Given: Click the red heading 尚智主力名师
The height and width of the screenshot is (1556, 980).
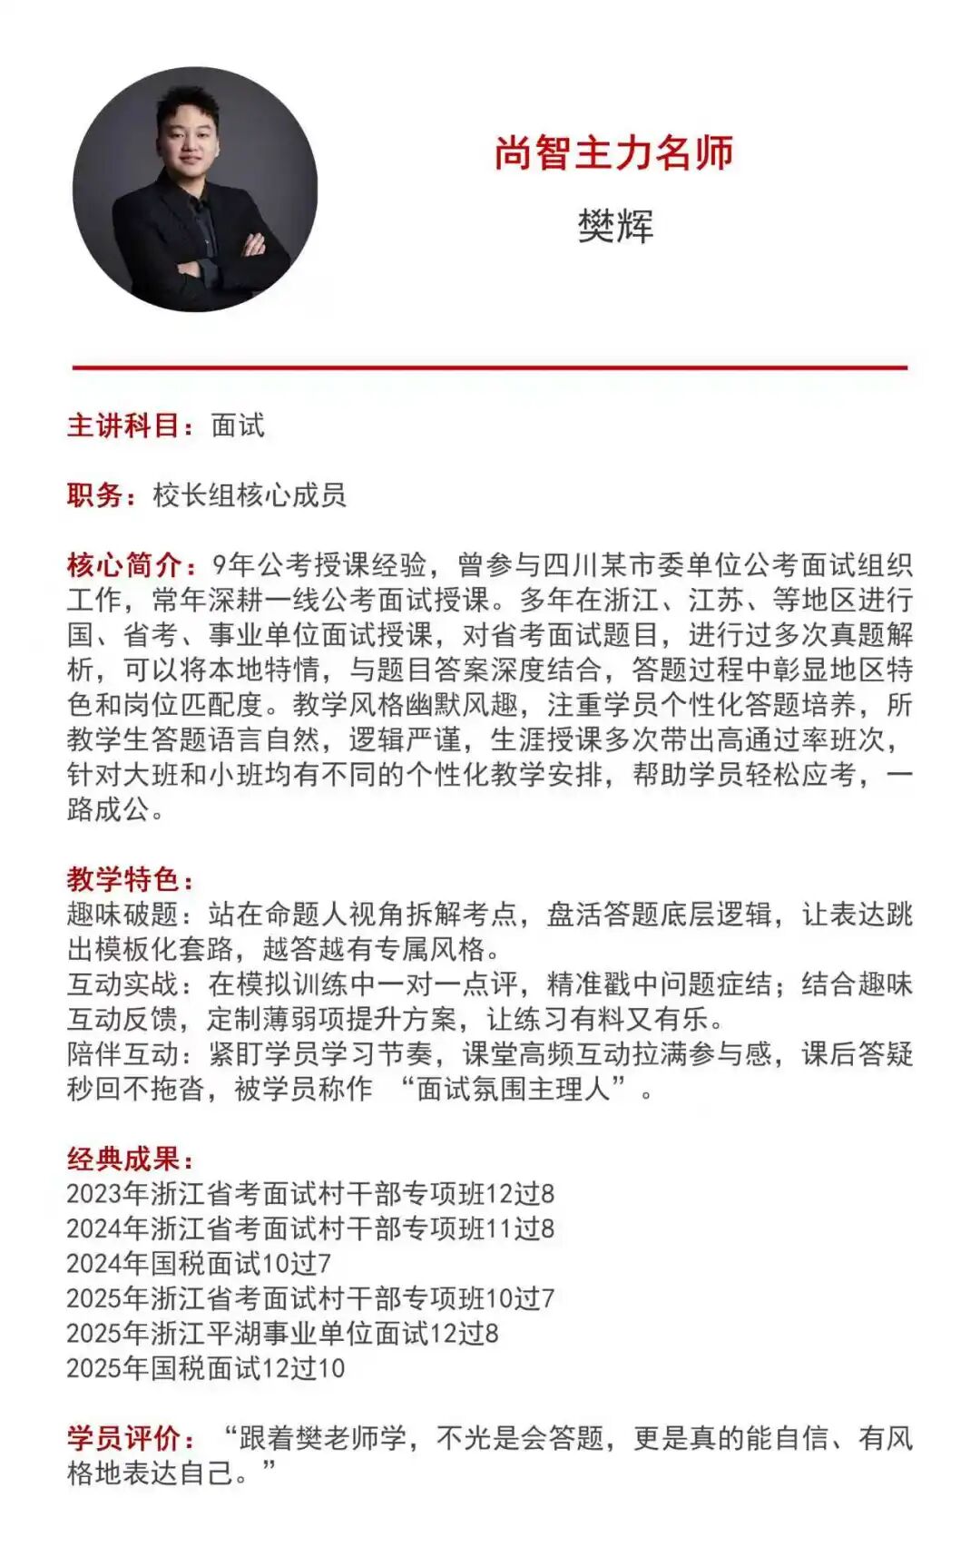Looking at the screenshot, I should tap(614, 153).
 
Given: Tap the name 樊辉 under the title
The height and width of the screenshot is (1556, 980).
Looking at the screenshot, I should tap(615, 225).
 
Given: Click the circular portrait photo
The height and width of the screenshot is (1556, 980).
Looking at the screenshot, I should tap(195, 190).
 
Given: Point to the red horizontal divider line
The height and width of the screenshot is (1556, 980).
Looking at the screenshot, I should tap(490, 367).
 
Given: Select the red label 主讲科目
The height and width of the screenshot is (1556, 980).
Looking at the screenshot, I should tap(127, 426).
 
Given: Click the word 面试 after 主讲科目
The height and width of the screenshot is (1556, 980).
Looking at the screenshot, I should tap(238, 426).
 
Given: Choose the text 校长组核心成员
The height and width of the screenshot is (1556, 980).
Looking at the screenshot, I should tap(250, 495).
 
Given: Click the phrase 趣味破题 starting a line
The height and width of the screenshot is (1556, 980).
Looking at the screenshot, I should tap(123, 915).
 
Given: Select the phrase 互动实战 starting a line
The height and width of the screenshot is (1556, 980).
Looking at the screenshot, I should tap(123, 984).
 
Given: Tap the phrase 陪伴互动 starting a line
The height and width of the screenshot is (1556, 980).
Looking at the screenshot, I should tap(123, 1054).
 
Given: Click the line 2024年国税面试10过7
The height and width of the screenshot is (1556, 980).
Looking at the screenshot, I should tap(199, 1263).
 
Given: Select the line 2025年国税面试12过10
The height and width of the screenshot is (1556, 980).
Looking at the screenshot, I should tap(206, 1368).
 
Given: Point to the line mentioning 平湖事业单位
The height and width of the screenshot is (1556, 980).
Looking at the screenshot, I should tap(282, 1334).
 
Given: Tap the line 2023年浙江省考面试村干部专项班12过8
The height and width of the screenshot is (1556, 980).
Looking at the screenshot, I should tap(310, 1194).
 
